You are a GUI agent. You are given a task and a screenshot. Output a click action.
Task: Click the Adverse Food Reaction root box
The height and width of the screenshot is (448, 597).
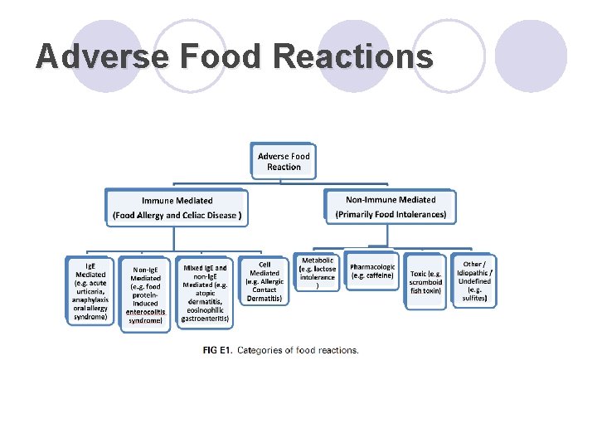[284, 161]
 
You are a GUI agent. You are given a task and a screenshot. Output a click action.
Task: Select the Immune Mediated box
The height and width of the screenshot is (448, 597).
[177, 207]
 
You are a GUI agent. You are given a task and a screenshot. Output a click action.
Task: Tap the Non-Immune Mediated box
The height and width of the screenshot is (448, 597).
[391, 207]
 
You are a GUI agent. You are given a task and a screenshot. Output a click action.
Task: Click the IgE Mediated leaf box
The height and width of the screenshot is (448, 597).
[90, 290]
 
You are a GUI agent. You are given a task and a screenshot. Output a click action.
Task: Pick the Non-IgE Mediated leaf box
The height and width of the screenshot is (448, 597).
[146, 295]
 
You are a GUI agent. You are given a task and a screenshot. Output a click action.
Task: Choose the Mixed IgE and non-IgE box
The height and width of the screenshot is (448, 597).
[205, 293]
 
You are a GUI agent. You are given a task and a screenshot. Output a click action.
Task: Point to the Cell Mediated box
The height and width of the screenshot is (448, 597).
[265, 281]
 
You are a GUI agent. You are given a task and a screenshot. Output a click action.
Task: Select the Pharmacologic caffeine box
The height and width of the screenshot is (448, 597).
[372, 270]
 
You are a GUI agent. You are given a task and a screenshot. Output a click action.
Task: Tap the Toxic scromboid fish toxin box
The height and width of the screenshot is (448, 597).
[425, 281]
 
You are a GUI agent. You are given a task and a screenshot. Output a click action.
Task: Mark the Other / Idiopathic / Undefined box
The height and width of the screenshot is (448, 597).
[475, 281]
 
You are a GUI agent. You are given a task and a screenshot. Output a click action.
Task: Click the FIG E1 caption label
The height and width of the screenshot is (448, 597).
[217, 350]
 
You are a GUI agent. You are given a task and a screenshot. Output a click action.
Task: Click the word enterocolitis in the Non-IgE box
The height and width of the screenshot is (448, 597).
[146, 312]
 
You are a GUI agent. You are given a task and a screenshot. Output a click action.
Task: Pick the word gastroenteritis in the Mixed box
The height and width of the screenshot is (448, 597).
[205, 318]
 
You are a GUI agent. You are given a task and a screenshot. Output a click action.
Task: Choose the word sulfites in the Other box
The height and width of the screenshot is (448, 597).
[475, 299]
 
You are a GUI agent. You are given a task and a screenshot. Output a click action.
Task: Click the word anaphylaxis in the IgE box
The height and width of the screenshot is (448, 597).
[90, 299]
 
